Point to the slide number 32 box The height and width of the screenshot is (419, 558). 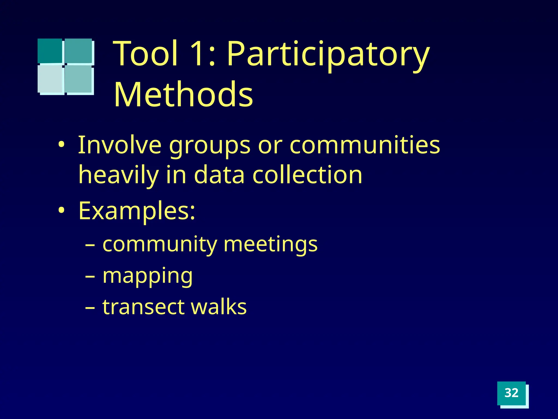pyautogui.click(x=511, y=393)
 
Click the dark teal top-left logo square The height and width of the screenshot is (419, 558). pyautogui.click(x=50, y=51)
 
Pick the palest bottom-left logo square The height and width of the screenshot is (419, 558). pyautogui.click(x=50, y=79)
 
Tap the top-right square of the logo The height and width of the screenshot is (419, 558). pyautogui.click(x=78, y=51)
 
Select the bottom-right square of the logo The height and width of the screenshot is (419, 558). pyautogui.click(x=78, y=79)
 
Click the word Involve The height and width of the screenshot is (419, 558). pyautogui.click(x=120, y=145)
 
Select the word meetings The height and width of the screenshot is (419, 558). pyautogui.click(x=270, y=244)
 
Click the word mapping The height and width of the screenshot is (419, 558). pyautogui.click(x=147, y=276)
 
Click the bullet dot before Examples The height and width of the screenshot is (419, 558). pyautogui.click(x=62, y=211)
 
